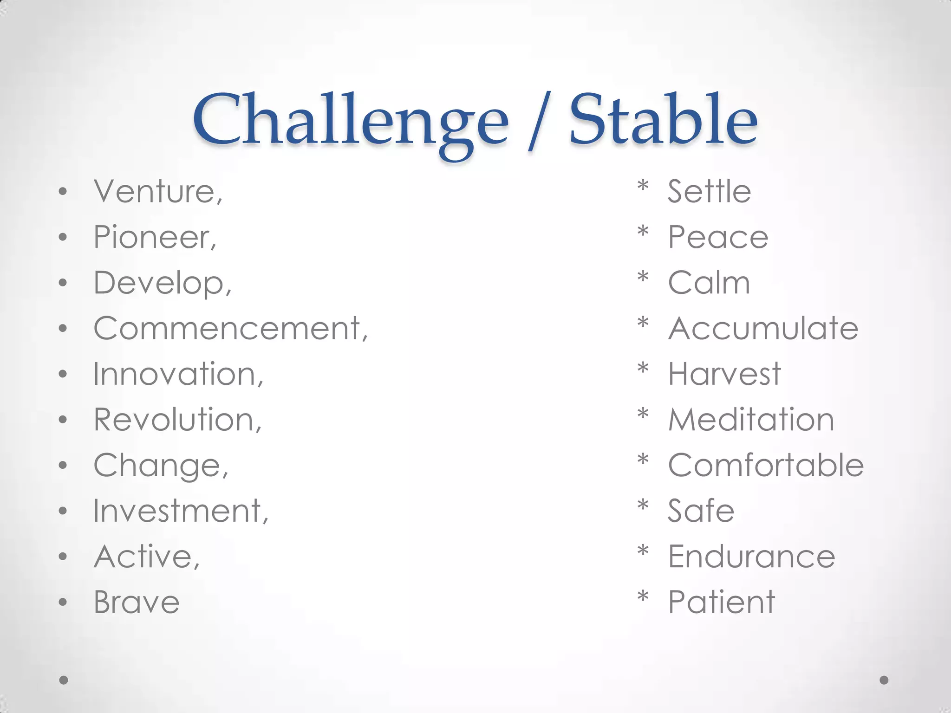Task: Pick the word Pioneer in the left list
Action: coord(155,237)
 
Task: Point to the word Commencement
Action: coord(230,329)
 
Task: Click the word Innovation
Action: coord(178,374)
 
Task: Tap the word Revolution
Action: coord(177,420)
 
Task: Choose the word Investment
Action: coord(181,511)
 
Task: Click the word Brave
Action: coord(137,603)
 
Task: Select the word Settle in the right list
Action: coord(709,191)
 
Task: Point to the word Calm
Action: coord(709,283)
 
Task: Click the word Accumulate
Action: coord(763,329)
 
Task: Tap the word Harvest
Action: coord(724,374)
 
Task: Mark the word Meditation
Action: coord(751,420)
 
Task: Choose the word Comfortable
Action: coord(766,465)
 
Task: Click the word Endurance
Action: coord(751,557)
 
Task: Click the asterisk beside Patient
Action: coord(643,596)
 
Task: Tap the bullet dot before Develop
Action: coord(63,283)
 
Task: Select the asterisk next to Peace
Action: coord(643,231)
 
